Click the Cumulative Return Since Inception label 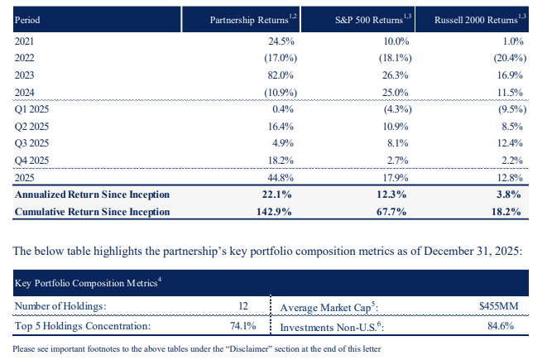(x=93, y=212)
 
